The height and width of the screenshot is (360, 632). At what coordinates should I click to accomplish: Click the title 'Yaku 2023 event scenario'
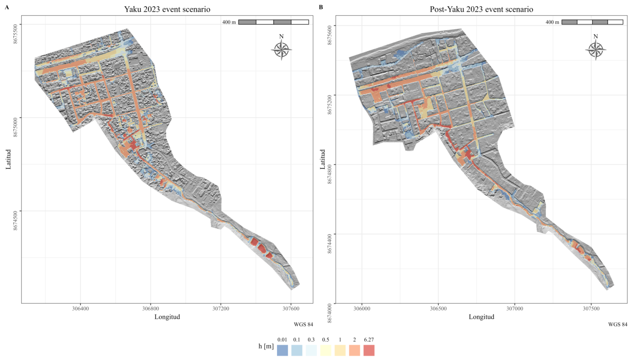[167, 9]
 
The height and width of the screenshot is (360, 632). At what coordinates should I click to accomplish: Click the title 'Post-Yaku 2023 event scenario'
[481, 9]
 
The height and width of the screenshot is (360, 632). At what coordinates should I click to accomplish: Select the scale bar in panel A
[274, 22]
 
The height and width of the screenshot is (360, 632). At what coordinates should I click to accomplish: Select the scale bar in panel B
[593, 22]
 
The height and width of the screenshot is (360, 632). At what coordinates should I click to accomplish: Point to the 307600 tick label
[291, 309]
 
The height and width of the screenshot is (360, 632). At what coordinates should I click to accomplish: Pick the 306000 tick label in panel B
[362, 309]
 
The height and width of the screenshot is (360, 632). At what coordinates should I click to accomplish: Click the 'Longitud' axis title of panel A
[167, 317]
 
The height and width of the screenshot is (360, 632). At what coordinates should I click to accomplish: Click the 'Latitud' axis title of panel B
[322, 159]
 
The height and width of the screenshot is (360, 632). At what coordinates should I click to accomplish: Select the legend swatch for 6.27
[369, 350]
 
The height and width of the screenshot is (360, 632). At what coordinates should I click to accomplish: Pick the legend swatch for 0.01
[282, 350]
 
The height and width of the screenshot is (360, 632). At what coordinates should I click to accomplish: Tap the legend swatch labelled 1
[340, 350]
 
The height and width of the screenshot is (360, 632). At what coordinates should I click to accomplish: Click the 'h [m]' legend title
[266, 346]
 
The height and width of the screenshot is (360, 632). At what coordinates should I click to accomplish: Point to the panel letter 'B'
[321, 7]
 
